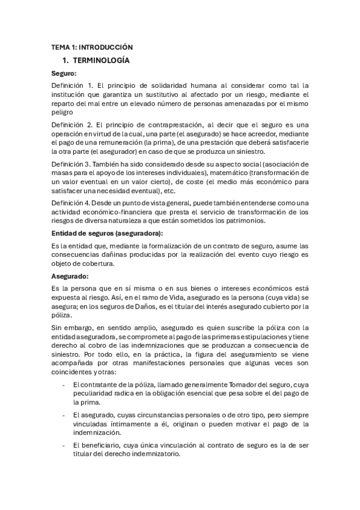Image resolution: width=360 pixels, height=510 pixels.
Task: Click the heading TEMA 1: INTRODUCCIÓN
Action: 92,47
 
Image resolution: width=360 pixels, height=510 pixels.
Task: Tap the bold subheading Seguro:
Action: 64,73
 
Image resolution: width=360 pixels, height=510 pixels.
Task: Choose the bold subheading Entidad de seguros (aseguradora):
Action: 108,233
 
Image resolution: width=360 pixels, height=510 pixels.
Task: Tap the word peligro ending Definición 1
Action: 62,112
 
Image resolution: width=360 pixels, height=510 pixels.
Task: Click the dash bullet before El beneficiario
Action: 64,445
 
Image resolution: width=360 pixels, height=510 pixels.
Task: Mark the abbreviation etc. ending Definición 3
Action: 171,190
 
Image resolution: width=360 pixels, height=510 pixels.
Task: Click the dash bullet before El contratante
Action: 64,384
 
